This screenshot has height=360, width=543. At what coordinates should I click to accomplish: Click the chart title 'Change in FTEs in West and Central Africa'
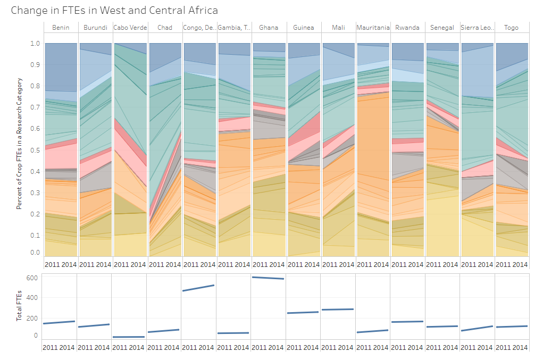[114, 11]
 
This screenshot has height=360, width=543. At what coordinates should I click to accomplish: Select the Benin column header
[60, 28]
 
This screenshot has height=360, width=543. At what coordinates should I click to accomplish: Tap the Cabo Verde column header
[130, 28]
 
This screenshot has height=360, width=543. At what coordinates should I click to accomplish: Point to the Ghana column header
[269, 28]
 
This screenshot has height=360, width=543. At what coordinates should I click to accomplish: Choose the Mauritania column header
[373, 28]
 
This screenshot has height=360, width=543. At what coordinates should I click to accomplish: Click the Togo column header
[512, 28]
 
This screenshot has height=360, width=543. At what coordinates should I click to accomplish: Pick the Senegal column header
[442, 28]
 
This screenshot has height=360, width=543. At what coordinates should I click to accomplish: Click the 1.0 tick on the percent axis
[35, 44]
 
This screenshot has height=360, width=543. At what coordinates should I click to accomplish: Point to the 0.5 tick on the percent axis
[35, 150]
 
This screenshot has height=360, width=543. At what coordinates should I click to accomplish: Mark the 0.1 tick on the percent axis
[35, 236]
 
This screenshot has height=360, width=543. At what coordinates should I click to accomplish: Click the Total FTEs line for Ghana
[269, 278]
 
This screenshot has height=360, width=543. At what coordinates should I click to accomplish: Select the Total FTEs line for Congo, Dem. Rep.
[199, 288]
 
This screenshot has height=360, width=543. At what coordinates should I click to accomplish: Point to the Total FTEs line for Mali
[338, 309]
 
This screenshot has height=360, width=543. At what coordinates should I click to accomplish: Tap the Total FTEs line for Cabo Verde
[130, 337]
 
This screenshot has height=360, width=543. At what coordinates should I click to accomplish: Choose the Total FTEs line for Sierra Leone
[477, 328]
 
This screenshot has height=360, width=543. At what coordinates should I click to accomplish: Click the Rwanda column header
[407, 28]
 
